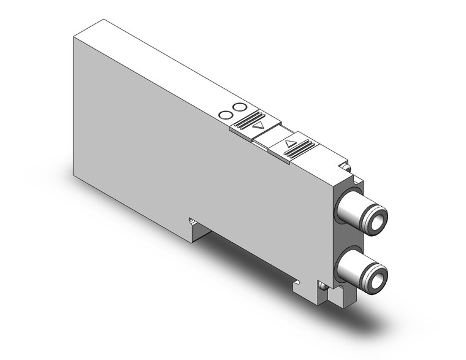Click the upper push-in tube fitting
click(365, 214)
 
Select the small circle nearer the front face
click(226, 115)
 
